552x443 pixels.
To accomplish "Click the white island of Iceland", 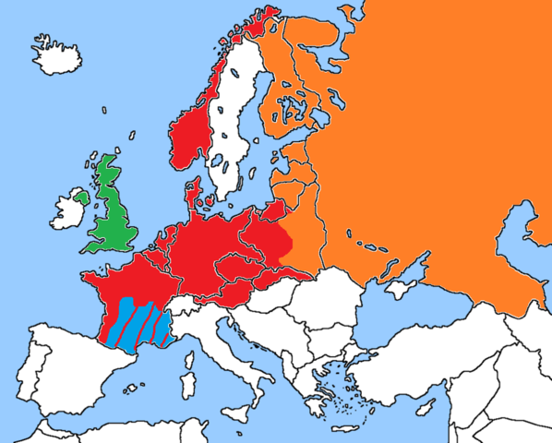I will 56,54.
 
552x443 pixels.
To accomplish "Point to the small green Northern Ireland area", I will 81,197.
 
